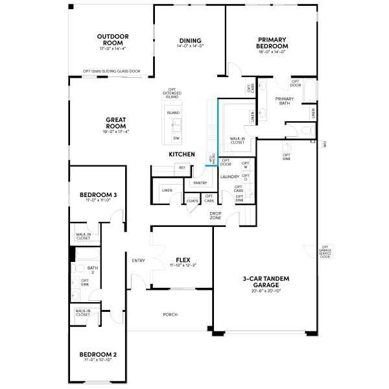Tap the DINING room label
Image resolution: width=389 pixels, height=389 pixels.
191,40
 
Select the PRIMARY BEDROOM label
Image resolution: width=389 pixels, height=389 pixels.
272,43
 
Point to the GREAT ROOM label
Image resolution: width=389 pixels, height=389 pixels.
115,123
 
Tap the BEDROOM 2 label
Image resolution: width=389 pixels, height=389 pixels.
98,355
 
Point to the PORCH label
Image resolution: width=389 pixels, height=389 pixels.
170,314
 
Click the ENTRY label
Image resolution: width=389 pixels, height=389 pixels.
138,261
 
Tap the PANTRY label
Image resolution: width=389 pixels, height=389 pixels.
200,183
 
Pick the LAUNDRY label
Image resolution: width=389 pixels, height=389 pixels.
230,176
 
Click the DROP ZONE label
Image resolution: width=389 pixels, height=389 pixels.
215,215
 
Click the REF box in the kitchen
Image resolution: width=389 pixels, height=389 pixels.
182,168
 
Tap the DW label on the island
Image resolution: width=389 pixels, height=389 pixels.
176,139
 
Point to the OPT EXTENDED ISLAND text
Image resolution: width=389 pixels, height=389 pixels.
172,93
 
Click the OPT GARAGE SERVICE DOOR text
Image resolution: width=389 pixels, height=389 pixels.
325,252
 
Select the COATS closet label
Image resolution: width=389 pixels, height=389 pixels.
193,201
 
